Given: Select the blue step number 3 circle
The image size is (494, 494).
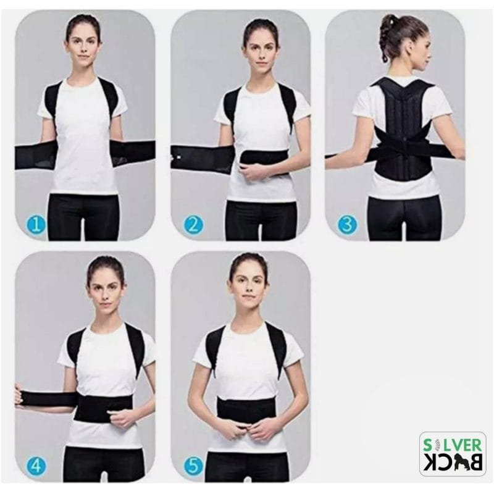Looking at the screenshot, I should tap(347, 223).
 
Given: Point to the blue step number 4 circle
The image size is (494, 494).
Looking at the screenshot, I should tap(36, 465).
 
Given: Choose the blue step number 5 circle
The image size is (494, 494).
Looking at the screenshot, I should tap(192, 465).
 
